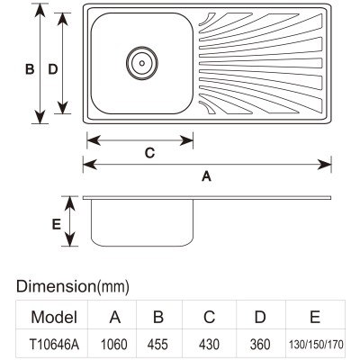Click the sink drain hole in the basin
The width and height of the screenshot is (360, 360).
[142, 63]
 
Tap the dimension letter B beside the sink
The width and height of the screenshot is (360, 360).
[30, 69]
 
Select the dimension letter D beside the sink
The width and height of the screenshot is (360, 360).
[53, 69]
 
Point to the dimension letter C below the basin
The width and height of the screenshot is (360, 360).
[149, 153]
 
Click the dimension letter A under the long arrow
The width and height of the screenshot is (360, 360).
[206, 176]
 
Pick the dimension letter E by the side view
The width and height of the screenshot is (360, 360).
[57, 224]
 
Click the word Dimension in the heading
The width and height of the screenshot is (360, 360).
[57, 286]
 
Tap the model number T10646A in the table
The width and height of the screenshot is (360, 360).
[55, 345]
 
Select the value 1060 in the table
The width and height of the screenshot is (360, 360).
[114, 345]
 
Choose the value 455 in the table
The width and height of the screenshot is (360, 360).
[157, 345]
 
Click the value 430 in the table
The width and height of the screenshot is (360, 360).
[209, 345]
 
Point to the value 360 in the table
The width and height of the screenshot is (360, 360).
[260, 345]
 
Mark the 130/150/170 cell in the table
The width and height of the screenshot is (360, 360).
[316, 345]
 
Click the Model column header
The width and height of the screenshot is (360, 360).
[54, 317]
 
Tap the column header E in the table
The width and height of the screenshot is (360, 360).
[315, 317]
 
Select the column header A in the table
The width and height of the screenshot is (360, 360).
[115, 317]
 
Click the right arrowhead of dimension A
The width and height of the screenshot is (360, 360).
[324, 165]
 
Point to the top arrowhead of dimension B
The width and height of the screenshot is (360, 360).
[40, 11]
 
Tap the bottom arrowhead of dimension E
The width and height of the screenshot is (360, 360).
[69, 239]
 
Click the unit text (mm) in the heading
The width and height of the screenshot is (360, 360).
[113, 287]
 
